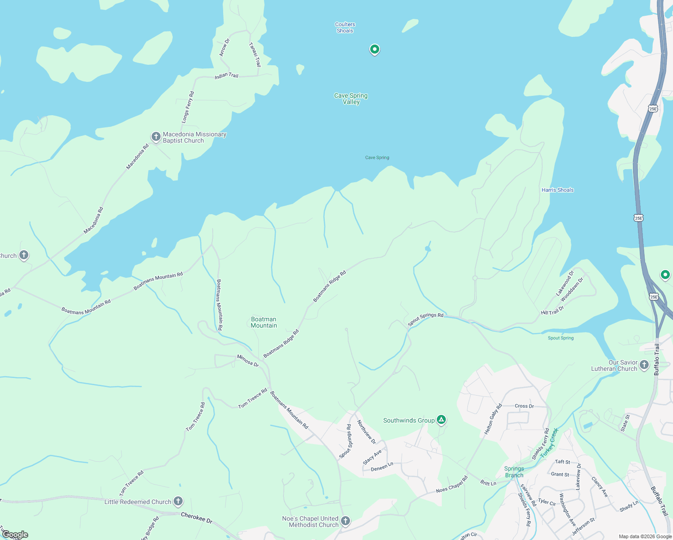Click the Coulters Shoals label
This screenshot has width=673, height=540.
coord(345,27)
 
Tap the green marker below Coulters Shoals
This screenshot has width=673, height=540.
coord(374,49)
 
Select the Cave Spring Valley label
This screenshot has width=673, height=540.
coord(351,99)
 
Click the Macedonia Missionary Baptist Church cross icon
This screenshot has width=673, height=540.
coord(156,137)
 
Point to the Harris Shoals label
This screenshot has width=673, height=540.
coord(557,190)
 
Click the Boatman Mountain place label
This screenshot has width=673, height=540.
coord(264,322)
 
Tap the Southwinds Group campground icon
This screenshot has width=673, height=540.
coord(441,420)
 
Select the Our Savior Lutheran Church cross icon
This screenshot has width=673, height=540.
coord(644,365)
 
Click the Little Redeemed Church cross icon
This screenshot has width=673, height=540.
coord(178,501)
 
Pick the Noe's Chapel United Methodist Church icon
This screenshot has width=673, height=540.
coord(345,521)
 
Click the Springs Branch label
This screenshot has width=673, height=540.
coord(514,472)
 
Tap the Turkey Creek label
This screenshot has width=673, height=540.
coord(549,443)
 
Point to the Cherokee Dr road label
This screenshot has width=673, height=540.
coord(197,517)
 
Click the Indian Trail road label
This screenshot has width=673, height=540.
coord(226,76)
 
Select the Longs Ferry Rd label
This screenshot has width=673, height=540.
coord(188,107)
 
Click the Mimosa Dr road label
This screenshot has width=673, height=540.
coord(248,360)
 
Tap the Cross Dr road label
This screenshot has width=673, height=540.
coord(524,406)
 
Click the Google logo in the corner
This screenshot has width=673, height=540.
coord(15,535)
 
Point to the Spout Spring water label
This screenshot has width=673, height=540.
coord(561,338)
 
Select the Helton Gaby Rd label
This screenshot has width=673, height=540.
coord(493,419)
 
